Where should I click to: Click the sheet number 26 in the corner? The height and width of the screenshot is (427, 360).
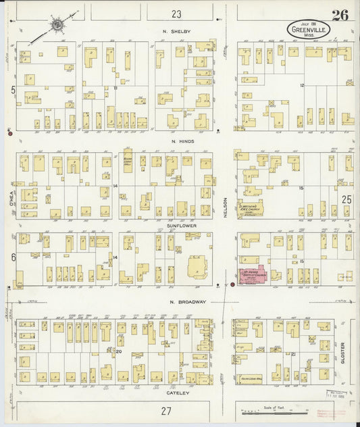click(340, 15)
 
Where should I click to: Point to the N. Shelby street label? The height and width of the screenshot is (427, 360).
click(176, 32)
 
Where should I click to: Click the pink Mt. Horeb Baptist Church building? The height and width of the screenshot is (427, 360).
click(252, 276)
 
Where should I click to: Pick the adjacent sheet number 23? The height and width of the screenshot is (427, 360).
click(176, 14)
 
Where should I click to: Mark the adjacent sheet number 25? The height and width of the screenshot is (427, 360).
click(346, 199)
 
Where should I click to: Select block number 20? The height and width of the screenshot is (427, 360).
click(118, 351)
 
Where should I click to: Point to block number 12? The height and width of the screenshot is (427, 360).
click(303, 85)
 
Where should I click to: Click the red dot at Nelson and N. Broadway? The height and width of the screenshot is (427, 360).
click(232, 284)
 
